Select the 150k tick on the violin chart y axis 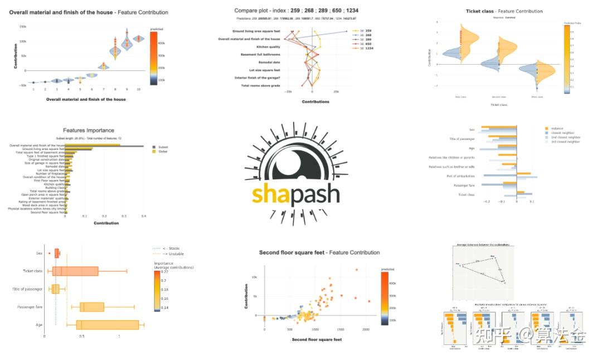pyautogui.click(x=23, y=27)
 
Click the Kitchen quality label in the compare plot pyautogui.click(x=264, y=47)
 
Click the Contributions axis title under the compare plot pyautogui.click(x=315, y=101)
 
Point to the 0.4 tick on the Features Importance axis pyautogui.click(x=143, y=216)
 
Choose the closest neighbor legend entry pyautogui.click(x=562, y=133)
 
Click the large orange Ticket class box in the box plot pyautogui.click(x=75, y=271)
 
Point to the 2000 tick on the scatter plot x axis pyautogui.click(x=366, y=330)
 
